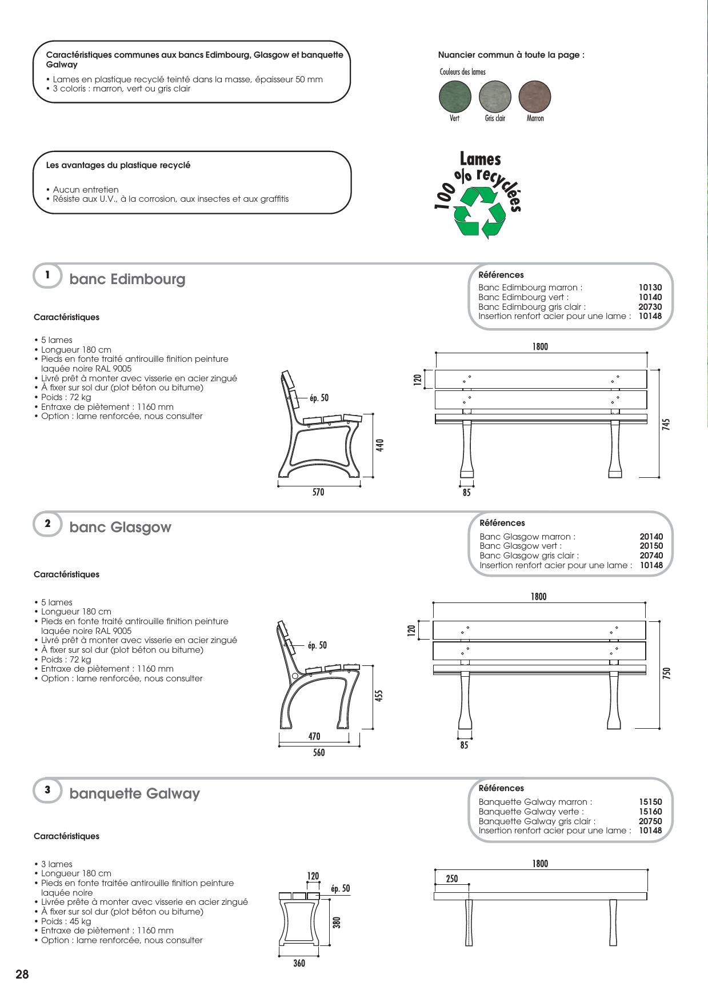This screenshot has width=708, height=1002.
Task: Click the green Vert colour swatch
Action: coord(455,96)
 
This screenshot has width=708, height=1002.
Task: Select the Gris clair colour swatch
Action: coord(495,96)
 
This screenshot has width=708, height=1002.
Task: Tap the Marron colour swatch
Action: coord(535,96)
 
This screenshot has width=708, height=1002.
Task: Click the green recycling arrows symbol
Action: coord(480,211)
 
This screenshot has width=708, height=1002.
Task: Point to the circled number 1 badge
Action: coord(47,275)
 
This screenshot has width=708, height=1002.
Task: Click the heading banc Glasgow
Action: coord(120,527)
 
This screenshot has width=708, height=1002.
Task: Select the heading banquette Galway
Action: coord(134,793)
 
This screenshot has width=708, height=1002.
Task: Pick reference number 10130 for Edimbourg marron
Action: coord(650,288)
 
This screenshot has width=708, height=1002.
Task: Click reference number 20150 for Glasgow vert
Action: coord(651,546)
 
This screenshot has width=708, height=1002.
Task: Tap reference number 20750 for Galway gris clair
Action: coord(650,821)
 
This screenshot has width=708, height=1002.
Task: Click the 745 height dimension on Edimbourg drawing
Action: coord(667,424)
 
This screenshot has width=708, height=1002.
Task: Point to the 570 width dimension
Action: coord(318,492)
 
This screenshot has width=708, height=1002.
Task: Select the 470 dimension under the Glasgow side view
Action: coord(314,737)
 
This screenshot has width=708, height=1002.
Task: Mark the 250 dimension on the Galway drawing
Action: coord(452,879)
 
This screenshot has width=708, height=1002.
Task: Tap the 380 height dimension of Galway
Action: coord(337,922)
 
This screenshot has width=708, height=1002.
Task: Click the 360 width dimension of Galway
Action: coord(299,964)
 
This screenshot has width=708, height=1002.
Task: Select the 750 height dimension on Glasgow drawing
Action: coord(667,673)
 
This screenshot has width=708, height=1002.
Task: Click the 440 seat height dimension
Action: coord(380,444)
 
